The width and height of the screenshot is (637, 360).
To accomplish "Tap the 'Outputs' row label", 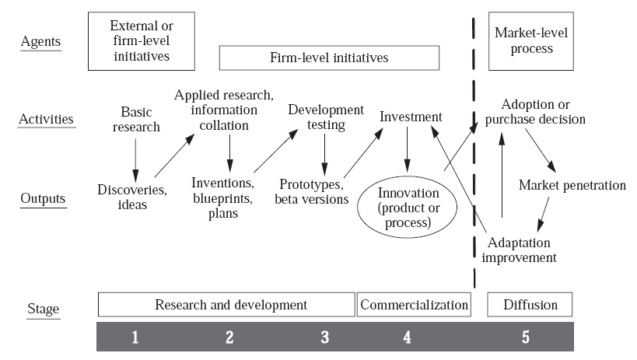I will point(43,198).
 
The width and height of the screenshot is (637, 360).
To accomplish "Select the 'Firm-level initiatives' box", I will point(329,58).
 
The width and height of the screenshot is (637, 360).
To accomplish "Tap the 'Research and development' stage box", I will point(226,304).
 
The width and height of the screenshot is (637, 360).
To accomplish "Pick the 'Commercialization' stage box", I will point(414,304).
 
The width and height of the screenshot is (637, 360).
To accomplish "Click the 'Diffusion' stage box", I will point(529,304).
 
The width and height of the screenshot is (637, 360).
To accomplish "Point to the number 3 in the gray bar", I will point(324,337).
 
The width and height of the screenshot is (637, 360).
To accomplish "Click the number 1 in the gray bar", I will point(135,337).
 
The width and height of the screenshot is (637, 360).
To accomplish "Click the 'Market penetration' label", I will point(572,185).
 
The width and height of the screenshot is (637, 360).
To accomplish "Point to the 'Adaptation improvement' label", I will point(519,250).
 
